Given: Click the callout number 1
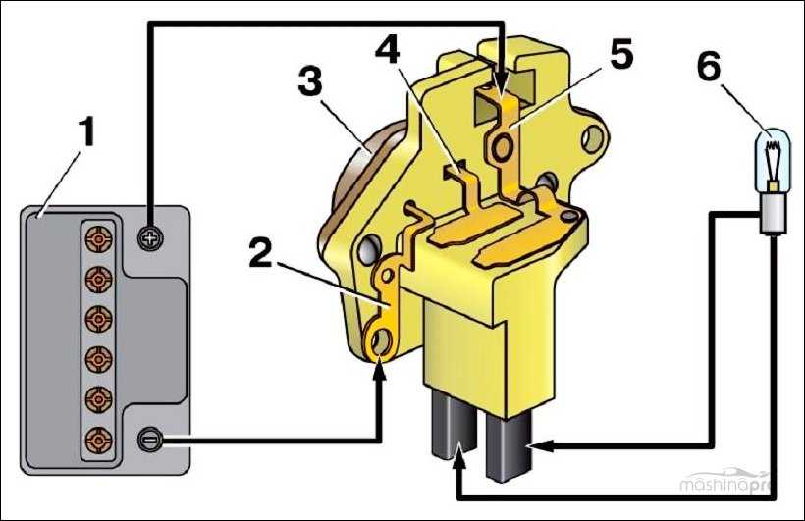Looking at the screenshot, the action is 88,131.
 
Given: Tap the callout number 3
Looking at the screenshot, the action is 310,81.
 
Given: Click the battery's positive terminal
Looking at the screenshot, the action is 150,238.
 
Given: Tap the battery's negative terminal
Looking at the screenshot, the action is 150,440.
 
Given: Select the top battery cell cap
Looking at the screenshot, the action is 98,238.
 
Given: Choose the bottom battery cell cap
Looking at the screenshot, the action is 98,440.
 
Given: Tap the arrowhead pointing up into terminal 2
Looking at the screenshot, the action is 379,371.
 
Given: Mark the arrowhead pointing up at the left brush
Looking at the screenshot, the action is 458,458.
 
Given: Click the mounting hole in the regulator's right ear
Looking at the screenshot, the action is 593,137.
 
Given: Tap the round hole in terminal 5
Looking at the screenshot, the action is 502,147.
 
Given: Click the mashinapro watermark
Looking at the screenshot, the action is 724,484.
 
